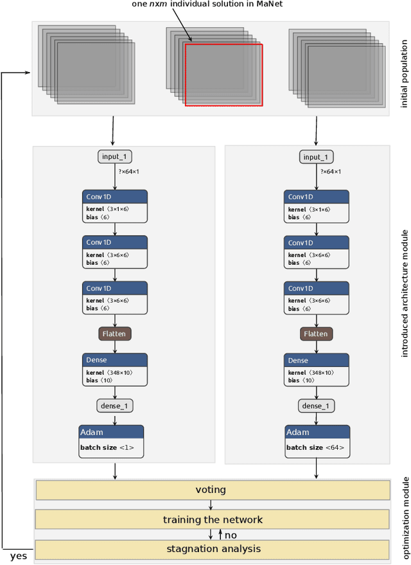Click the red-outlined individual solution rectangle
coord(223,75)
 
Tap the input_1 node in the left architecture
coord(115,157)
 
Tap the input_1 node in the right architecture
coord(316,157)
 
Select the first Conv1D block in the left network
coord(115,206)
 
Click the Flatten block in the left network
coord(115,334)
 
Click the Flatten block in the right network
coord(316,334)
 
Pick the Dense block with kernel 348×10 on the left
coord(115,370)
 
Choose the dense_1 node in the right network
coord(316,406)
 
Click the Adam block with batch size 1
coord(111,441)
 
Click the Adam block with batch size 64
coord(317,441)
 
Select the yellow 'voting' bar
coord(213,490)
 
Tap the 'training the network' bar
coord(213,519)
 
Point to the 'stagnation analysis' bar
coord(213,549)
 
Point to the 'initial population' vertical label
coord(404,69)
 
